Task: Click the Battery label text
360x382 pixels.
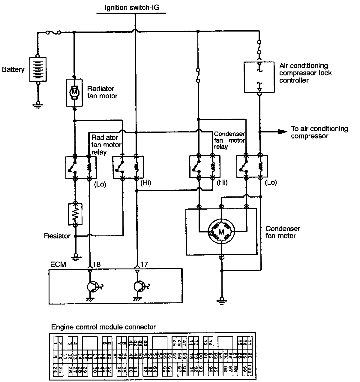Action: coord(13,70)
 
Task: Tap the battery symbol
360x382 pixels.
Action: coord(38,69)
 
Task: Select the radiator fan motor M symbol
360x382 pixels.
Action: coord(74,92)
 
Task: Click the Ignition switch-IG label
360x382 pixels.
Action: coord(131,8)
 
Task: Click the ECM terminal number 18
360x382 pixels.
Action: coord(97,264)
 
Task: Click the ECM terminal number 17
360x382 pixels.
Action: coord(144,264)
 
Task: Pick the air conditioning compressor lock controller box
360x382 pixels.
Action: coord(259,77)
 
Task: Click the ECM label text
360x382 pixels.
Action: coord(58,265)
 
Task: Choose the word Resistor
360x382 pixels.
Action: coord(57,236)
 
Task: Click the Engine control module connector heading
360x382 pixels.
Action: coord(103,327)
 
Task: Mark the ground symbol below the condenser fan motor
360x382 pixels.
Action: coord(222,300)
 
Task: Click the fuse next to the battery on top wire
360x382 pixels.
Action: coord(54,32)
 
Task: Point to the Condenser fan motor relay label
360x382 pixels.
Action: coord(229,140)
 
